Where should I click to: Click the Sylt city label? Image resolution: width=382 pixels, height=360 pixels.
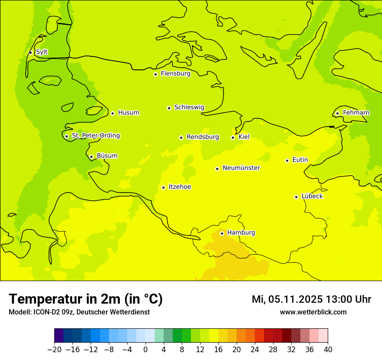(x=42, y=52)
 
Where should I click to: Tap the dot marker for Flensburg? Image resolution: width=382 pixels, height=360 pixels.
(x=155, y=74)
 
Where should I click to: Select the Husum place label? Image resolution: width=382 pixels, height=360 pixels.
(x=128, y=113)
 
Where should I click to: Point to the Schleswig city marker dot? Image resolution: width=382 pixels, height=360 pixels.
(x=169, y=108)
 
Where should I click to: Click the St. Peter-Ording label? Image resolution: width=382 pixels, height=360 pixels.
(x=96, y=136)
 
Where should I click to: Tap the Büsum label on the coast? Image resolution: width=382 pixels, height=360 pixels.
(x=107, y=156)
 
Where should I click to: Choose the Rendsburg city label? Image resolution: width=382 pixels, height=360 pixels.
(x=203, y=137)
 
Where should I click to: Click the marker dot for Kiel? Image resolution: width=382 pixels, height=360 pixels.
(x=233, y=138)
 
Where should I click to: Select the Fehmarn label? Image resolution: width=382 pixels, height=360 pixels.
(x=356, y=113)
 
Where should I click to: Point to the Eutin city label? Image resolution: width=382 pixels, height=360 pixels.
(x=300, y=160)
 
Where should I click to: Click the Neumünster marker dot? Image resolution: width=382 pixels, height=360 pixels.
(x=217, y=169)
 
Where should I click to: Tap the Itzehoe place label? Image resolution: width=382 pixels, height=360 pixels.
(x=180, y=187)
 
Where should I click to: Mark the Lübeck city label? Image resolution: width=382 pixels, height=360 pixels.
(x=312, y=196)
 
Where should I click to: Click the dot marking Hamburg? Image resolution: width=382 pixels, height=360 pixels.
(x=222, y=233)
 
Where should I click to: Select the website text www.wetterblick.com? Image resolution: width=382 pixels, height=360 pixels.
(x=313, y=312)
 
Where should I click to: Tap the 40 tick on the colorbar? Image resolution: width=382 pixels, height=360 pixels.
(x=328, y=350)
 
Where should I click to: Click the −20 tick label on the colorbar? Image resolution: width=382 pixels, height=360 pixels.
(x=54, y=350)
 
